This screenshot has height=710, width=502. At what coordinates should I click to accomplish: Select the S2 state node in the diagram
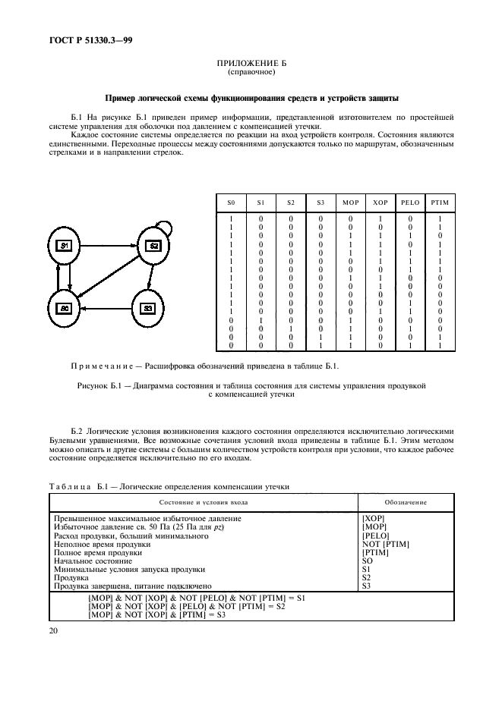[152, 245]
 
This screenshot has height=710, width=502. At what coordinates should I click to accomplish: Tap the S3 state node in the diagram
[149, 308]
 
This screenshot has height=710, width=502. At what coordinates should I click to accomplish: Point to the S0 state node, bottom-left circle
[65, 308]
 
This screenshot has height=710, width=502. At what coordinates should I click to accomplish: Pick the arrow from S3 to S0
[106, 308]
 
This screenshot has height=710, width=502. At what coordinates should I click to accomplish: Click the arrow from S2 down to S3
[150, 277]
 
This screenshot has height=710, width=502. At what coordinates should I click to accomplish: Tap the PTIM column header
[439, 203]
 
